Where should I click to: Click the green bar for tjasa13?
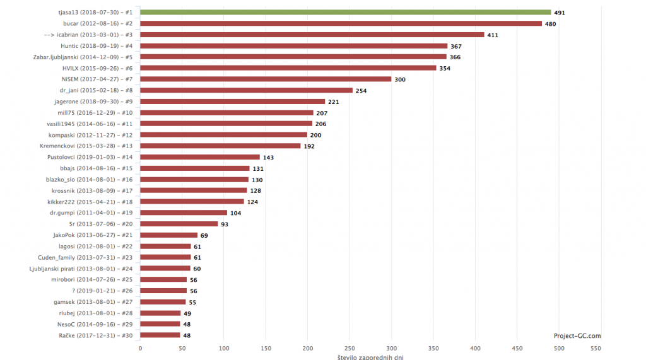click(x=345, y=12)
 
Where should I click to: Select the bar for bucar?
click(x=341, y=23)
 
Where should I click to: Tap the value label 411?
click(x=493, y=35)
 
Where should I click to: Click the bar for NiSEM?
click(x=266, y=79)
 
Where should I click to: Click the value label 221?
click(x=334, y=102)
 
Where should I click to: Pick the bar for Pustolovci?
click(x=200, y=157)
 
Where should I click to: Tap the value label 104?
click(x=236, y=212)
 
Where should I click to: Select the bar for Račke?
click(x=160, y=335)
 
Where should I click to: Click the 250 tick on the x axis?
click(x=349, y=348)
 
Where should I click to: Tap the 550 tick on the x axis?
click(x=595, y=348)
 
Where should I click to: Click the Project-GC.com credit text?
click(x=577, y=336)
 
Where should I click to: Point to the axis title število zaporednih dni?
click(x=370, y=357)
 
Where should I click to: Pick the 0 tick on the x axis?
click(x=140, y=348)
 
